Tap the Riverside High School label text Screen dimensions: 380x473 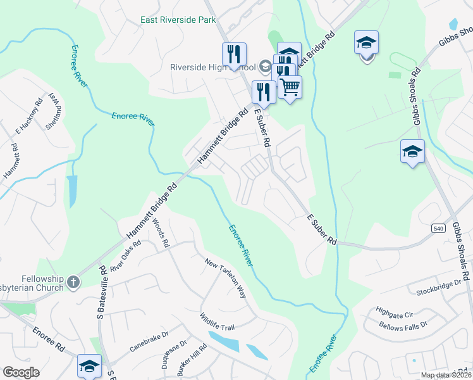tap(212, 67)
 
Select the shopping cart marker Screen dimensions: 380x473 tap(290, 87)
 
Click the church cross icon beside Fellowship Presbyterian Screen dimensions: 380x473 tap(73, 282)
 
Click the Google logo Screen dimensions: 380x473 tap(21, 372)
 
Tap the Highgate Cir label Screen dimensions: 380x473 tap(394, 313)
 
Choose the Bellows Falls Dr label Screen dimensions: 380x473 tap(403, 325)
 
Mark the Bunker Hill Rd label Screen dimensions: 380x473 tap(200, 358)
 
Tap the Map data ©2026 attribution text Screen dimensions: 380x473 tap(445, 375)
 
